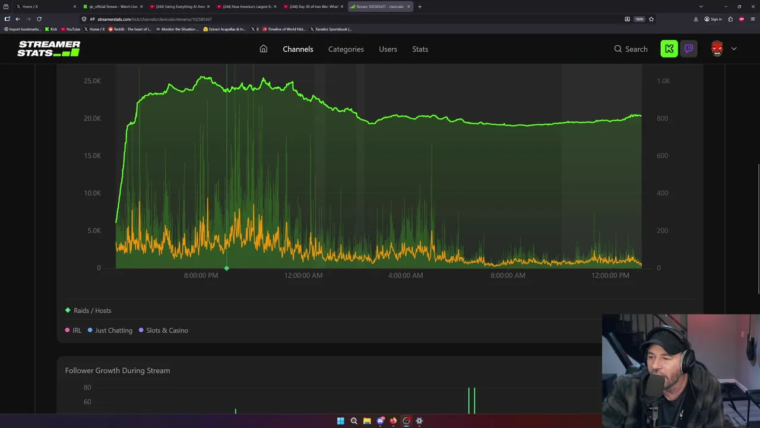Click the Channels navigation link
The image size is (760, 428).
(x=297, y=49)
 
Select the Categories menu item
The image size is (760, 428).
(x=346, y=49)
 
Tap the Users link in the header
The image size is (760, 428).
(x=388, y=49)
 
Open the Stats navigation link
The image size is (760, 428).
(x=420, y=49)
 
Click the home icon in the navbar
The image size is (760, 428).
(x=264, y=49)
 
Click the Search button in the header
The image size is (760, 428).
(x=631, y=49)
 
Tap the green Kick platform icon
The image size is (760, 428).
(x=669, y=49)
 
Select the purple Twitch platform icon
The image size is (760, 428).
(x=689, y=49)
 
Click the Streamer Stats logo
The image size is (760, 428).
(x=49, y=49)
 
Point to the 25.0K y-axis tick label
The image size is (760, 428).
(x=92, y=81)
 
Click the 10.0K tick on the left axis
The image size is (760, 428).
(x=92, y=193)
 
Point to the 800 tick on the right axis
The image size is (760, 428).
(x=662, y=118)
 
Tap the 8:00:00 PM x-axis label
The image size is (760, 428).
(x=201, y=275)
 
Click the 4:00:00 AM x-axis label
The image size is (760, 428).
(x=406, y=275)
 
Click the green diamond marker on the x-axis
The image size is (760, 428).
(x=226, y=269)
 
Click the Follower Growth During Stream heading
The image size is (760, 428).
(x=118, y=370)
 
